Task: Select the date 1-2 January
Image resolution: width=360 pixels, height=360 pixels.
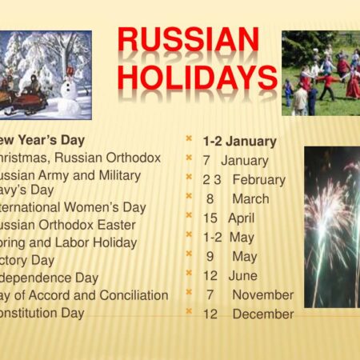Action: click(239, 141)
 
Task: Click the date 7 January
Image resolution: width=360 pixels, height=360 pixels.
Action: click(236, 161)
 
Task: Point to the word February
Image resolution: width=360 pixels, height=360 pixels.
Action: click(258, 180)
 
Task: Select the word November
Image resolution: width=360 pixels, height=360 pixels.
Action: click(262, 294)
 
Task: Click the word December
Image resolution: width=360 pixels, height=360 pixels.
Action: click(262, 314)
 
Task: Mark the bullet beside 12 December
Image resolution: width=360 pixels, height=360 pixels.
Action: click(189, 311)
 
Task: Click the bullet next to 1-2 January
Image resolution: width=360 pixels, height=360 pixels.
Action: click(189, 138)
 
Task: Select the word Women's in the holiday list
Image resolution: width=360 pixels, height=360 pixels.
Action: click(94, 207)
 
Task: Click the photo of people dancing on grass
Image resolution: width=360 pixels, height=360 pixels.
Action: click(320, 74)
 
